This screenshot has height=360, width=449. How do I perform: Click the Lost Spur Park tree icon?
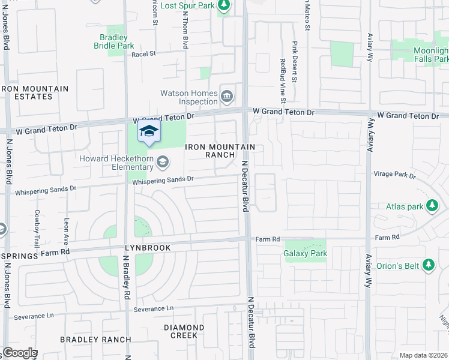pos(224,5)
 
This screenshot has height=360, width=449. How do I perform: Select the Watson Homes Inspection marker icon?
pos(227,96)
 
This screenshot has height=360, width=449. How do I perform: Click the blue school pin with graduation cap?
pos(149,133)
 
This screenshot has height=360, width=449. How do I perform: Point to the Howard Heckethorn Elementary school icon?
pos(162,162)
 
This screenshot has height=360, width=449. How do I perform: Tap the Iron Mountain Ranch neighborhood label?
pos(220,151)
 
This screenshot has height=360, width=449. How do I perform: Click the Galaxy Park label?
pos(305,253)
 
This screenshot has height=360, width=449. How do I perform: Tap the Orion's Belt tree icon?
pos(428,265)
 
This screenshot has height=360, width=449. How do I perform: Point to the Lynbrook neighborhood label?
pos(148,248)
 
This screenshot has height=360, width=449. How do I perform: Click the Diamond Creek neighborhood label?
pos(184,331)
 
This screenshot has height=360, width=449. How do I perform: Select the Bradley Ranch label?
pos(95,340)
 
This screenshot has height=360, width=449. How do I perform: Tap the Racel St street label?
pos(143,53)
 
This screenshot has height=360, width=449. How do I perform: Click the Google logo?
pos(19,353)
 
